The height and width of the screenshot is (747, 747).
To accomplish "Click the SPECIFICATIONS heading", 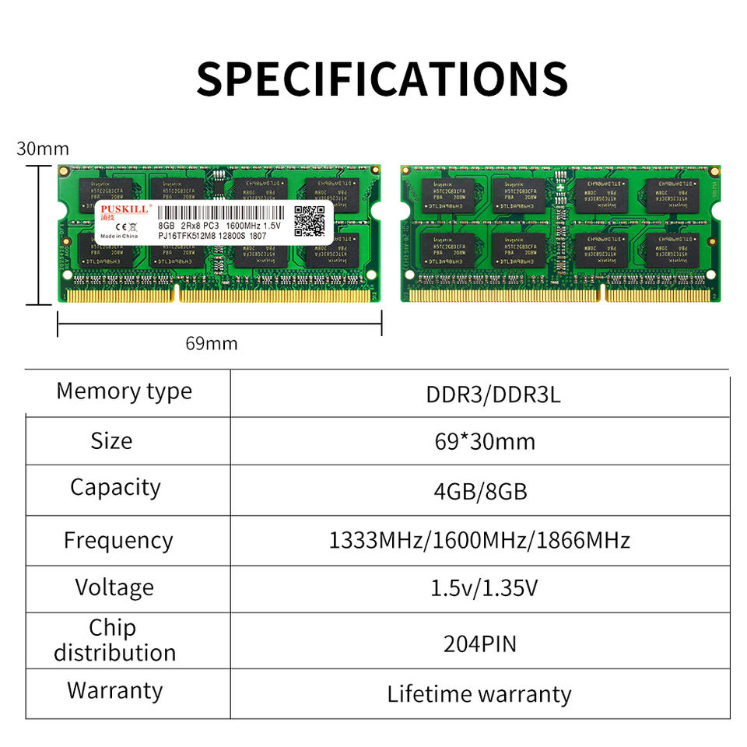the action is point(381,78).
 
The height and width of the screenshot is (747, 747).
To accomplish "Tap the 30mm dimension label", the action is point(43,149).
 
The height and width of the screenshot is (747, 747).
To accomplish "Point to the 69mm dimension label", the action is point(212,343).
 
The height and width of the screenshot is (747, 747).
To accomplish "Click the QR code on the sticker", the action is point(309,222).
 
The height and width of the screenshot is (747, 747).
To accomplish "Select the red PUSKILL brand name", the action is point(121,210).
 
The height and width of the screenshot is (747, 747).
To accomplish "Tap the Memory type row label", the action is point(124,391).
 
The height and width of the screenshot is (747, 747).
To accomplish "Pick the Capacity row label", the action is point(115,487).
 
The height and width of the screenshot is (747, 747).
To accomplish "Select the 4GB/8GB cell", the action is point(480,492).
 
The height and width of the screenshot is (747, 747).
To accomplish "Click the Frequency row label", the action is point(118,540).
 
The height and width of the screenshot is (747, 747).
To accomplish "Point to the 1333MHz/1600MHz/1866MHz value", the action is point(479,540).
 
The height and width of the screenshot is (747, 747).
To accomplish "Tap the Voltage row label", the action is point(114,587).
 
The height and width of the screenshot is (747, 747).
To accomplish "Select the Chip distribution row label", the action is point(114,640).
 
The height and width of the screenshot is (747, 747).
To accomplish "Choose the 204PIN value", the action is point(480,644).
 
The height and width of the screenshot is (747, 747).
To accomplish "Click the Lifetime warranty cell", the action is point(479,693).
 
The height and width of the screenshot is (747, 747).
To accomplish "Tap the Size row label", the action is point(111,440).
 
